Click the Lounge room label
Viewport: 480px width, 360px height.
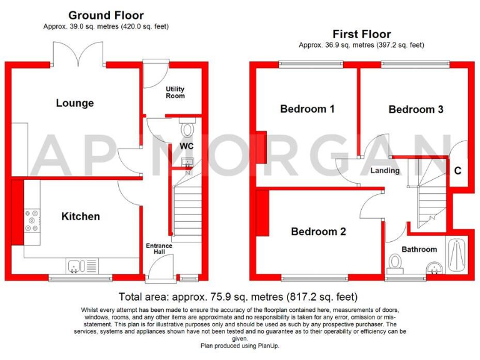(74, 103)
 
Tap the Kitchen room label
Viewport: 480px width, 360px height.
(80, 216)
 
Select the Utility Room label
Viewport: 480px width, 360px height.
(175, 92)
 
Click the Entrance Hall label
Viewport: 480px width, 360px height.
(159, 249)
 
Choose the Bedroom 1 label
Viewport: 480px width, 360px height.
(307, 109)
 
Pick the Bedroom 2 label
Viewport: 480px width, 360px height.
(318, 231)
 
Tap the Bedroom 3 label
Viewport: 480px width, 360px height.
(416, 109)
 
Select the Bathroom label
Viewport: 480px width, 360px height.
(419, 249)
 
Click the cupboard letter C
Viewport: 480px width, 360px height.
(457, 170)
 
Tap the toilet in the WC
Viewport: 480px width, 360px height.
(187, 129)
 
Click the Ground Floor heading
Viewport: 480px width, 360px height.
(106, 15)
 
